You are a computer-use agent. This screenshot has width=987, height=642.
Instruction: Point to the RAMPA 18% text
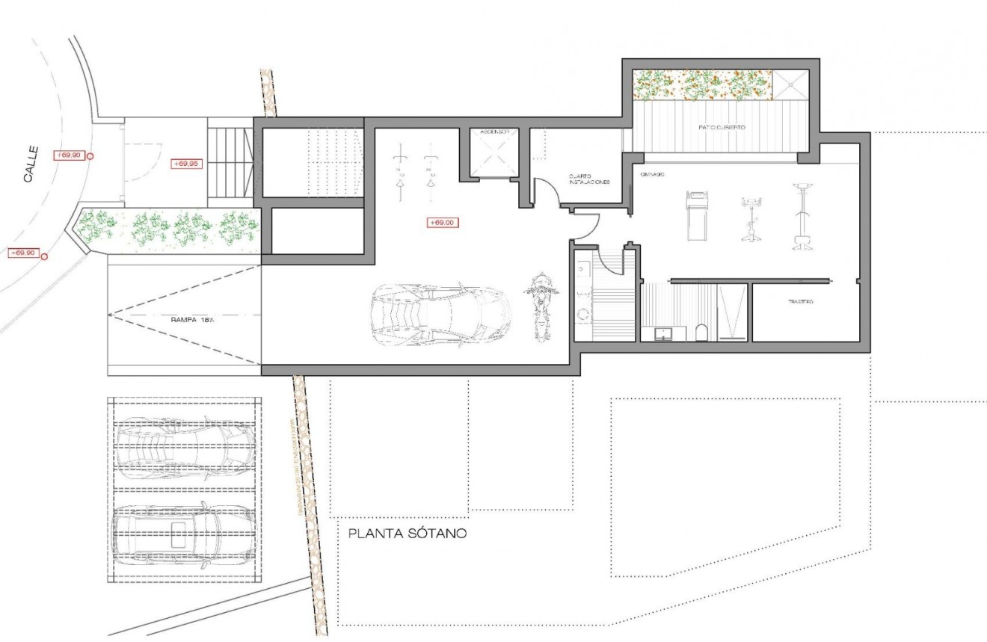click(182, 319)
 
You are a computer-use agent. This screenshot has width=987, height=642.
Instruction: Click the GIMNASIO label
click(654, 173)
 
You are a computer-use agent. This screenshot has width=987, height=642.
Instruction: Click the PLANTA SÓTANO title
click(408, 534)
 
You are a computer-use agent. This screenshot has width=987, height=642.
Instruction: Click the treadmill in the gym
click(697, 215)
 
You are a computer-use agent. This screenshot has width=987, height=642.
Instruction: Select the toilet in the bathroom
click(701, 332)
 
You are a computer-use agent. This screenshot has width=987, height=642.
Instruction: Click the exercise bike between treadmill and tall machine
click(751, 219)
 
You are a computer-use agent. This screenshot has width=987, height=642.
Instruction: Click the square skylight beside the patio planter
click(790, 85)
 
